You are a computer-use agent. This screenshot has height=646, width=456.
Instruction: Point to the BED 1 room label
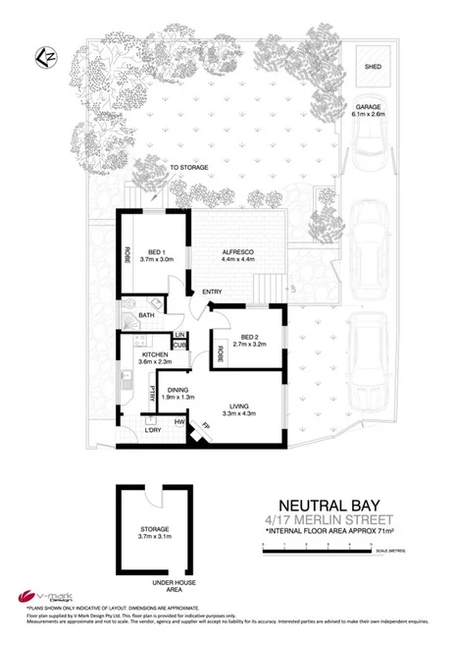pos(156,253)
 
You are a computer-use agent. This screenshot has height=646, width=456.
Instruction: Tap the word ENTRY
pos(212,293)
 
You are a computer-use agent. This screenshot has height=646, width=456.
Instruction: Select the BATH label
pos(147,315)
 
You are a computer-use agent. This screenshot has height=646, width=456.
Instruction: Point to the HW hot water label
pos(180,423)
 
